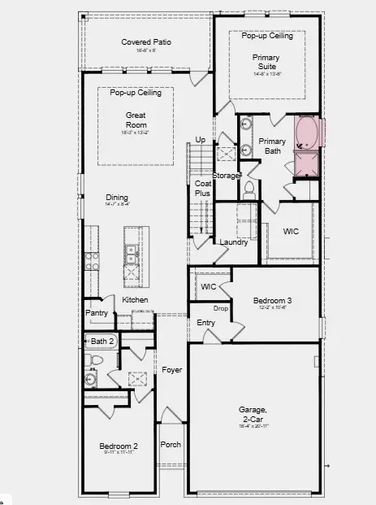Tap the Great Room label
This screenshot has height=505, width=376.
pos(136,121)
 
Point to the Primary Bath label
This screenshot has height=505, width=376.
pos(272,146)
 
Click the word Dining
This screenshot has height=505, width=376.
pos(117,197)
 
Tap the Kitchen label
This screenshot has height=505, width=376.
pos(135,300)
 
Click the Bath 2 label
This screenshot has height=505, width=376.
pos(102,341)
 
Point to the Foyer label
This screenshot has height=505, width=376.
pos(171,370)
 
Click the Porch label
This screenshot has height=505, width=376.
pos(171,444)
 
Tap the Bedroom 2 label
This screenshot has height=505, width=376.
pos(119,446)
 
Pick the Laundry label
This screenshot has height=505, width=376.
pos(233,242)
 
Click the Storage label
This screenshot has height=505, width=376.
pos(226,175)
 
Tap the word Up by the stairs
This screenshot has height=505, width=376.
pos(200,140)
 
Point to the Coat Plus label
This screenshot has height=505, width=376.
pos(203,189)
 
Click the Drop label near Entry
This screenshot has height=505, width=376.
pos(220,308)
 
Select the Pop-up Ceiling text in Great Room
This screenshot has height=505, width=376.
pos(136,93)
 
